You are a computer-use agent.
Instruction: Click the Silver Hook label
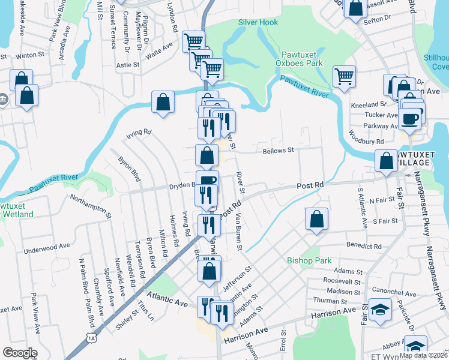click(258, 22)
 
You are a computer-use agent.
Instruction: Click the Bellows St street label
click(277, 151)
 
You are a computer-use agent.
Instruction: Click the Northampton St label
click(91, 205)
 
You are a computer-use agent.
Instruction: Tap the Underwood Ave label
click(47, 248)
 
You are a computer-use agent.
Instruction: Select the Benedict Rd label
click(364, 246)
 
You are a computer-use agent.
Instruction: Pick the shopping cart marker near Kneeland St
click(344, 76)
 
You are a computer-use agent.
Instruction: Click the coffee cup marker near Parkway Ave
click(411, 118)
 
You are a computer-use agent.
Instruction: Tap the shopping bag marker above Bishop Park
click(316, 219)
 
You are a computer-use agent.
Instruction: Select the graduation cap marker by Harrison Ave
click(380, 311)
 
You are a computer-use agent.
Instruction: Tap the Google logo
click(20, 353)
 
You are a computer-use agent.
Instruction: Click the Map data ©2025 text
click(423, 355)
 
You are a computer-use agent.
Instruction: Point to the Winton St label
click(27, 55)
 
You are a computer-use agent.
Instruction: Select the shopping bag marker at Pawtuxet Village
click(385, 160)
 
